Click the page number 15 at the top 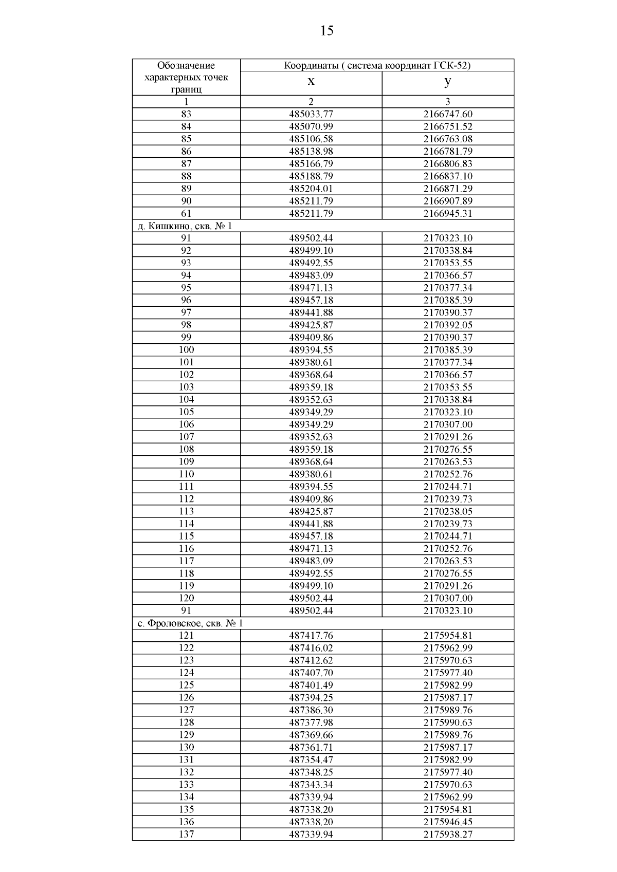pos(326,31)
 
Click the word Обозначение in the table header pos(186,66)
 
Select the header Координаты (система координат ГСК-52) pos(377,65)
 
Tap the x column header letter pos(311,82)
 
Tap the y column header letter pos(448,82)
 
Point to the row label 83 pos(186,114)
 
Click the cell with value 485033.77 pos(311,114)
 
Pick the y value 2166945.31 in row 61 pos(448,213)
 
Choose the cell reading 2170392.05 pos(448,325)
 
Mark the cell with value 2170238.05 pos(448,511)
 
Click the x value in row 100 pos(311,350)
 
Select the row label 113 pos(186,511)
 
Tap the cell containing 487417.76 pos(311,636)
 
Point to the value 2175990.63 pos(448,722)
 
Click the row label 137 pos(186,834)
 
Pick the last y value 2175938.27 pos(448,834)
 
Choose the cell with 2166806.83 pos(448,164)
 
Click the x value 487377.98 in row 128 pos(311,722)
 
